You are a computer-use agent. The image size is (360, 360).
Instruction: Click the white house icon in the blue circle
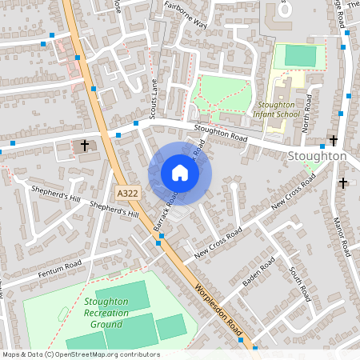click(x=180, y=172)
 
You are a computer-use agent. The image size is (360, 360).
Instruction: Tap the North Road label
click(x=306, y=117)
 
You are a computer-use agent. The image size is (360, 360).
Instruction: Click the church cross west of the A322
click(x=86, y=146)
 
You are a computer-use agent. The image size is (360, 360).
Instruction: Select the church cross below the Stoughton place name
click(x=343, y=183)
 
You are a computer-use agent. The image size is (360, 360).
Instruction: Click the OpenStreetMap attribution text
click(x=81, y=354)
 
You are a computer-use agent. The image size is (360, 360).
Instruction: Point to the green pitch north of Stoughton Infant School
click(x=300, y=56)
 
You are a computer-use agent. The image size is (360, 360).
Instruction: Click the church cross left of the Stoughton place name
click(x=334, y=141)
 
